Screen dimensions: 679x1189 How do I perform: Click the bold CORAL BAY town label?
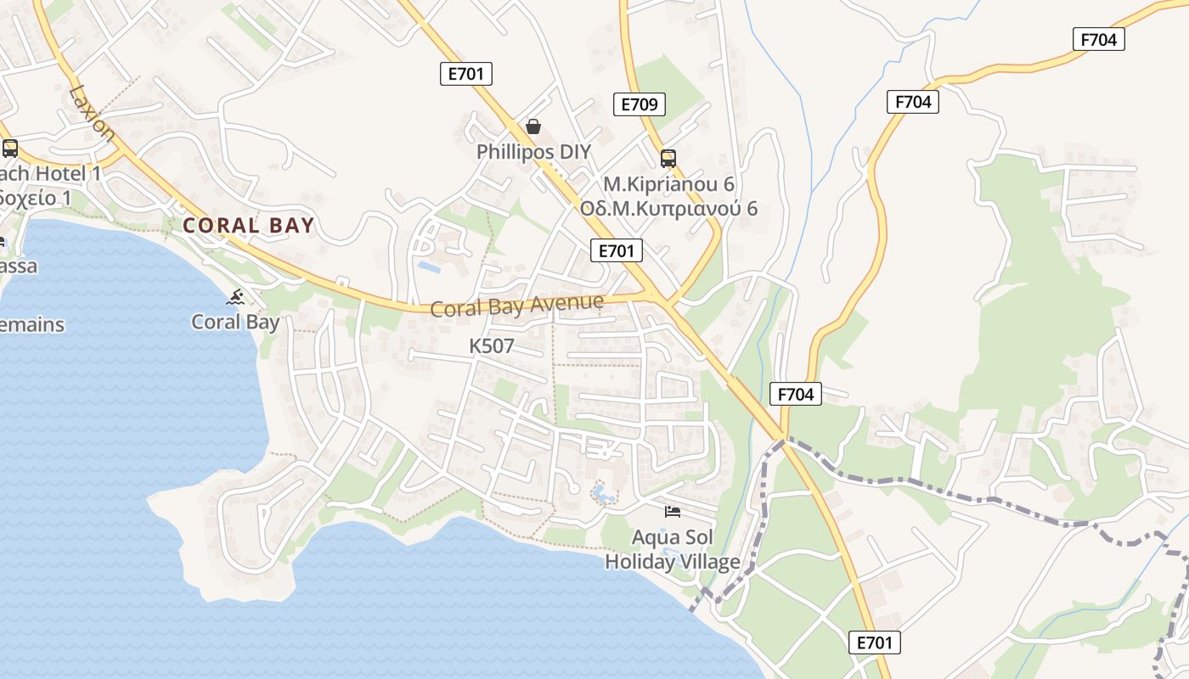(x=248, y=226)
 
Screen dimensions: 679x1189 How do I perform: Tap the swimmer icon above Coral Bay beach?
(x=236, y=297)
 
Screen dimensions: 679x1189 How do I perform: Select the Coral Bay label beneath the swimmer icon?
(x=235, y=323)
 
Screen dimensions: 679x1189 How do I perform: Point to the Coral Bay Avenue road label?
(x=516, y=305)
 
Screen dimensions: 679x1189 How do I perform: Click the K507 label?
(x=492, y=346)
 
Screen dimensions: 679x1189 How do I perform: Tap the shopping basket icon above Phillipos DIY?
(x=533, y=127)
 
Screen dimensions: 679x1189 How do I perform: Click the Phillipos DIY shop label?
(x=533, y=152)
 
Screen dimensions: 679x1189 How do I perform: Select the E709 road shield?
(x=639, y=104)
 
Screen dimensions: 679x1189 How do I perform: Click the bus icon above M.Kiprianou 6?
(x=668, y=158)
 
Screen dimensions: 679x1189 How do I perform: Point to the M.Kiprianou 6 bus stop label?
(x=668, y=184)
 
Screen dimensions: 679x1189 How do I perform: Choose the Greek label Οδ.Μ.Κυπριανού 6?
(x=668, y=209)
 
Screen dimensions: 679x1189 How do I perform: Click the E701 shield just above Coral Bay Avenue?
(x=617, y=250)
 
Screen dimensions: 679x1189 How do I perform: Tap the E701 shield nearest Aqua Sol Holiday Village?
(x=874, y=643)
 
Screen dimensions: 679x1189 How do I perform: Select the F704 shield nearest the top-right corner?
(x=1098, y=39)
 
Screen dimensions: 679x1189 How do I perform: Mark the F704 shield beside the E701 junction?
(x=796, y=394)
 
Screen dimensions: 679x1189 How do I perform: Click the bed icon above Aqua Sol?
(x=673, y=511)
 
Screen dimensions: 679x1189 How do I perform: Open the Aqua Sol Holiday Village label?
(x=673, y=550)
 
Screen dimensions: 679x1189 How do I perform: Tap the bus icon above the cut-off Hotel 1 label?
(x=10, y=149)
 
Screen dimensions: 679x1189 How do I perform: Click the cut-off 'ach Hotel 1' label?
(x=51, y=174)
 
